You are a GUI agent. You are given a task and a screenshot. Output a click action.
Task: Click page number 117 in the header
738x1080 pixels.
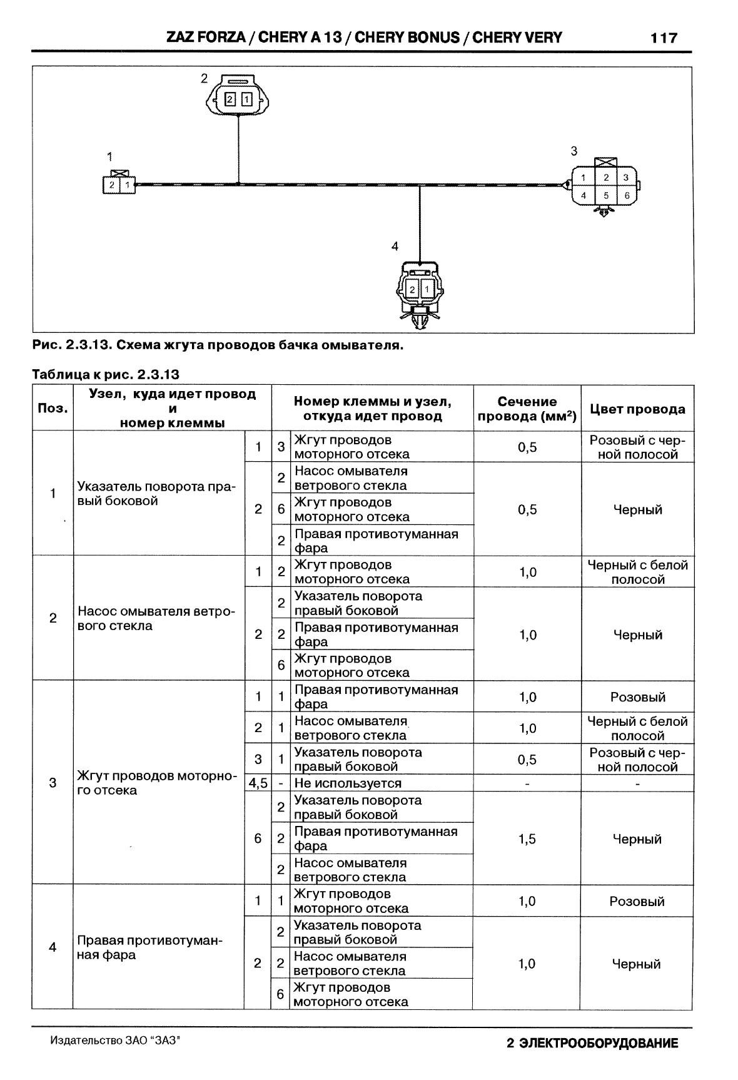664,38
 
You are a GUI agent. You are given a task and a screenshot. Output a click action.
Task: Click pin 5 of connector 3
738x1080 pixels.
605,195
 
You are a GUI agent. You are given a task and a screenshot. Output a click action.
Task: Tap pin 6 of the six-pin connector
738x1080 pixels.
627,195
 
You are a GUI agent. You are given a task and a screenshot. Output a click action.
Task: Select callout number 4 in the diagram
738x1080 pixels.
395,247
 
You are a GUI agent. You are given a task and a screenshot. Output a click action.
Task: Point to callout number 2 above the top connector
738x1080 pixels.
204,78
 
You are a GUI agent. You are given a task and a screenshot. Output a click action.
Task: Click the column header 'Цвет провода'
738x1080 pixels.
637,409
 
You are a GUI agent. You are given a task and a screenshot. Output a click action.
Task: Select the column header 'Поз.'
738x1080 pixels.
53,409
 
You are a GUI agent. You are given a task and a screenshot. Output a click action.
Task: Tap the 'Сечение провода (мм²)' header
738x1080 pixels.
527,409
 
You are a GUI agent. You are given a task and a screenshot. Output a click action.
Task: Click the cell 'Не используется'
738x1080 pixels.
348,783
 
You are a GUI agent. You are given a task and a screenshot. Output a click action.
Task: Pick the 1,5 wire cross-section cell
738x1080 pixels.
527,839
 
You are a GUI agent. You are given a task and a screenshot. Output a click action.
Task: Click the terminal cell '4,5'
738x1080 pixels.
258,783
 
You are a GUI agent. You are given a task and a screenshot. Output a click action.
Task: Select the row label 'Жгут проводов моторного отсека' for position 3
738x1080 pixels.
156,783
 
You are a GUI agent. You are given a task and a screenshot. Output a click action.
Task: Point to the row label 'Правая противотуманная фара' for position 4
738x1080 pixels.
150,947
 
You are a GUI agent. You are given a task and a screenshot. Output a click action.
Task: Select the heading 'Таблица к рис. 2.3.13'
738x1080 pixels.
106,375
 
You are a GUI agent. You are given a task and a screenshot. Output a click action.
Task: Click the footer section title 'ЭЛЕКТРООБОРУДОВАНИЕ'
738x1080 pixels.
599,1044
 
